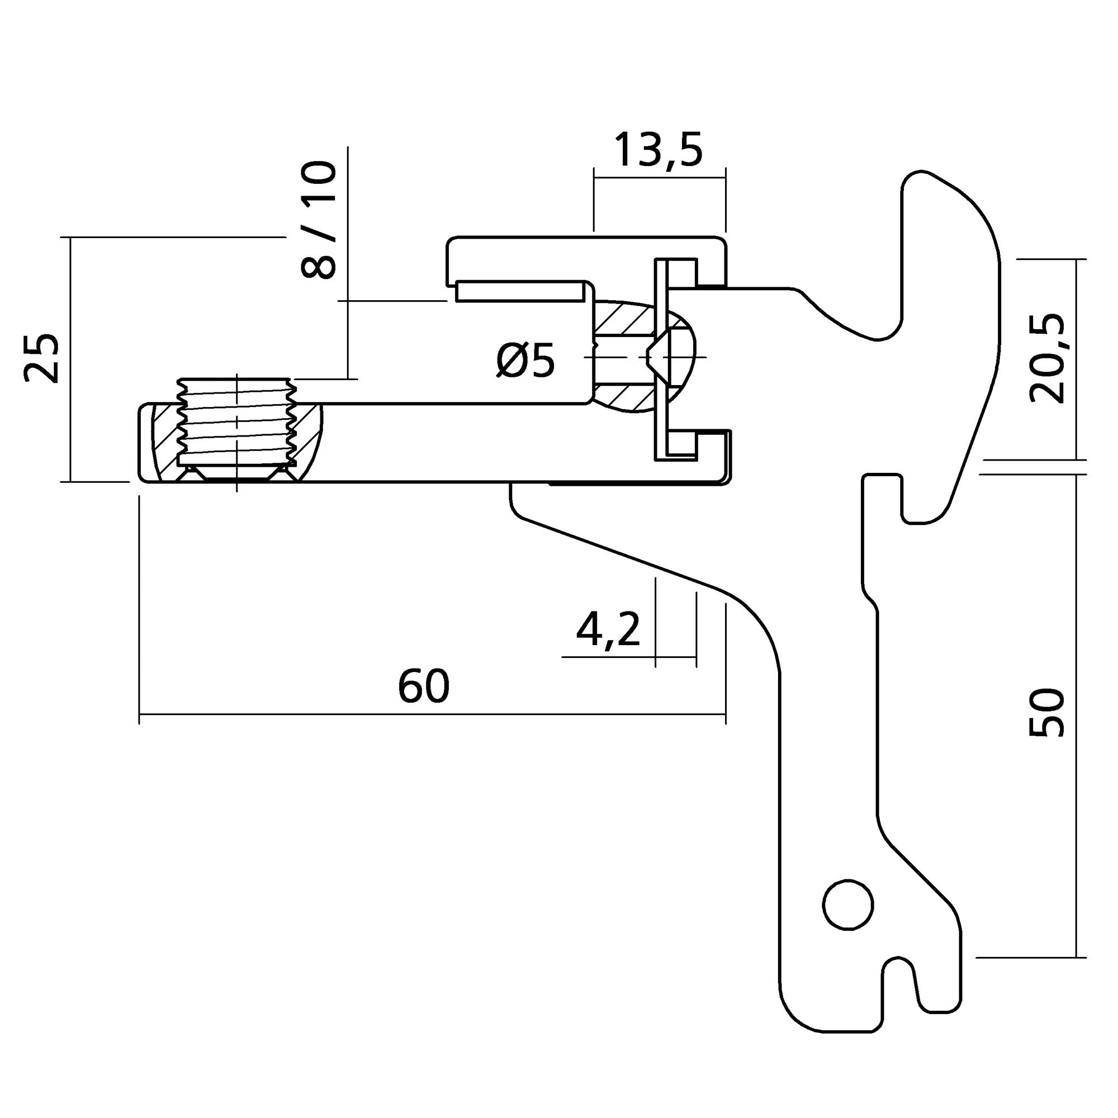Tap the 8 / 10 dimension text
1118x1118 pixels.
tap(319, 220)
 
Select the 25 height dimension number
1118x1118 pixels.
tap(42, 358)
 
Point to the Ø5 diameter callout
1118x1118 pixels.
tap(525, 361)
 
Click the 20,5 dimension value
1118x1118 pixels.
tap(1047, 358)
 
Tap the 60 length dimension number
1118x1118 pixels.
tap(424, 686)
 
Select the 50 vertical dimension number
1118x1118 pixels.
tap(1048, 713)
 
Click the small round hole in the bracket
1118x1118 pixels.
tap(848, 905)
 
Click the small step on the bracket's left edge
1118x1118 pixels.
tap(871, 602)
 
